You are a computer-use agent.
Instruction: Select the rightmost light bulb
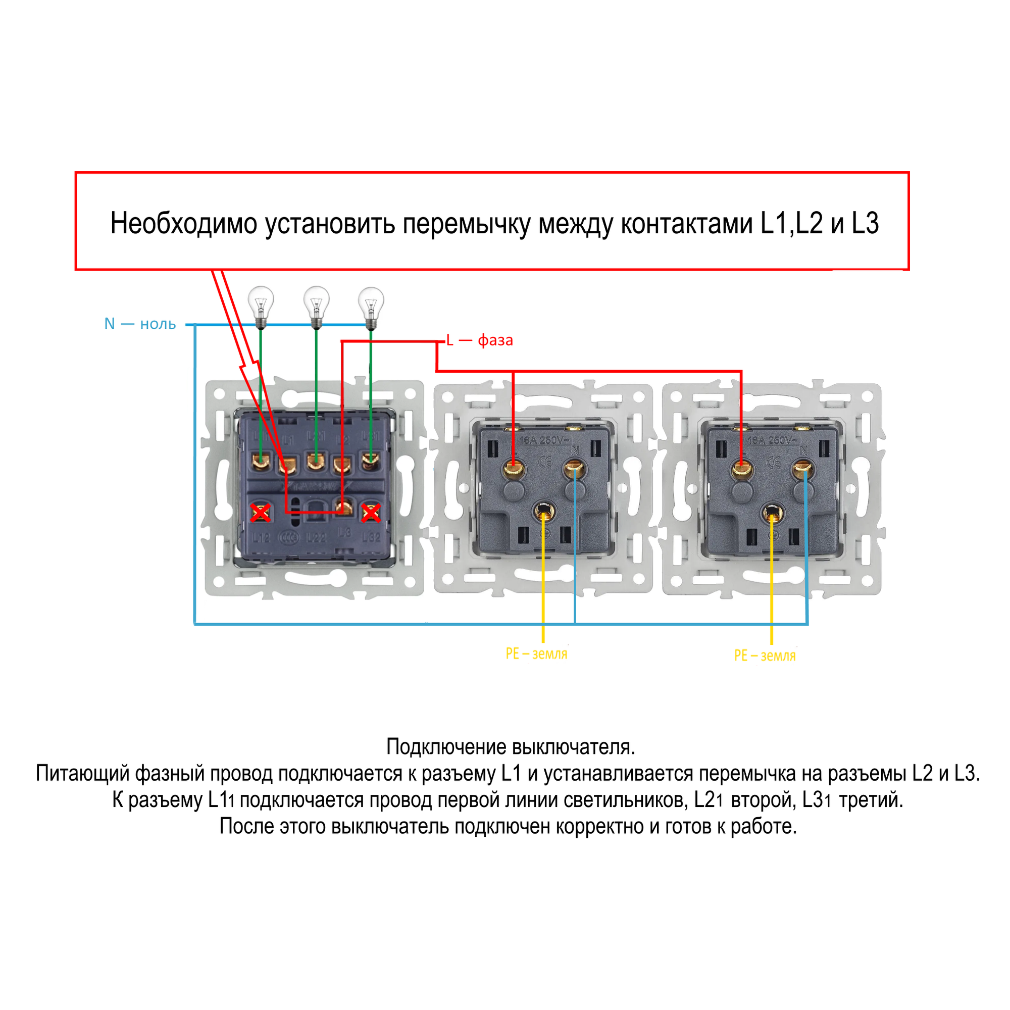tap(371, 304)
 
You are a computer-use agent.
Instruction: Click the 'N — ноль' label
tap(140, 324)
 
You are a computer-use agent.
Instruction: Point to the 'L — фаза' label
tap(479, 340)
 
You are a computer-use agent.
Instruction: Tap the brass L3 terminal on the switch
tap(343, 507)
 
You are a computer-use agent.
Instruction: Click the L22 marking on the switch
tap(316, 537)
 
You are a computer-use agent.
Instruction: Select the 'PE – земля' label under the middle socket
tap(536, 653)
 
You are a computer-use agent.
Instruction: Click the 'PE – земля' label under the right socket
tap(765, 655)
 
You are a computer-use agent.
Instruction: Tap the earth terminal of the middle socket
tap(544, 512)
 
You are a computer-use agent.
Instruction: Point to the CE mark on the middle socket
tap(545, 463)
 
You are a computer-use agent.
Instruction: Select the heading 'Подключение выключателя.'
tap(510, 746)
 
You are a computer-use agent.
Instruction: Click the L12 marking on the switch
tap(262, 537)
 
